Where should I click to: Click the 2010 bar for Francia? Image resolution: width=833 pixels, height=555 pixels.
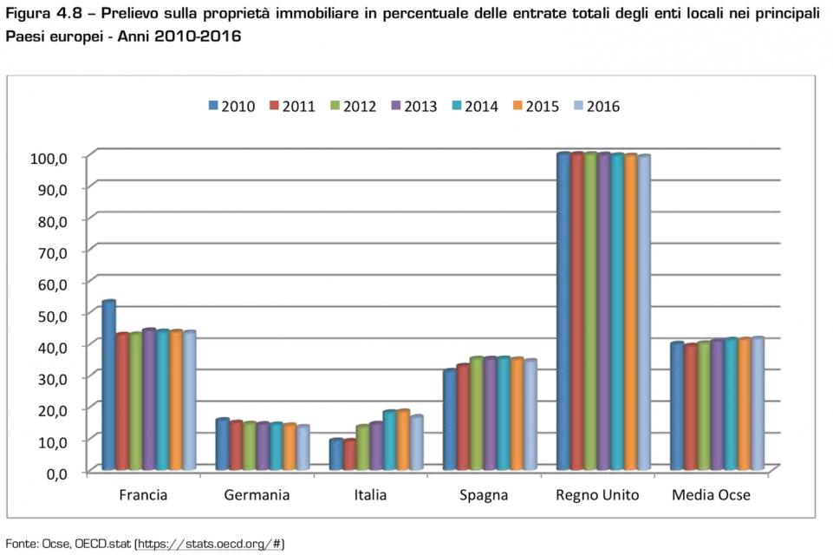pos(108,386)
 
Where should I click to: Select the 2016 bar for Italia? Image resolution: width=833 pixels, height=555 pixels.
pos(417,443)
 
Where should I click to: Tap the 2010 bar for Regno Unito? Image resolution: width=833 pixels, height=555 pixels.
pos(563,312)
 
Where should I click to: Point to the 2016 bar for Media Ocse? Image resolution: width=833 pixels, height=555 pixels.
pos(758,404)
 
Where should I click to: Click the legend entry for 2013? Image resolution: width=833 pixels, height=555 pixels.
pos(413,107)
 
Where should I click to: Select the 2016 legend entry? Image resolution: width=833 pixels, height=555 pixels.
pos(595,107)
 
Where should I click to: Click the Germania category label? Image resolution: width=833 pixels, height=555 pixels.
pos(257,496)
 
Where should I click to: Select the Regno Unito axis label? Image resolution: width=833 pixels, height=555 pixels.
pos(597,496)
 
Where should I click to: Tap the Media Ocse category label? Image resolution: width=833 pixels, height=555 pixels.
pos(711,496)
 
